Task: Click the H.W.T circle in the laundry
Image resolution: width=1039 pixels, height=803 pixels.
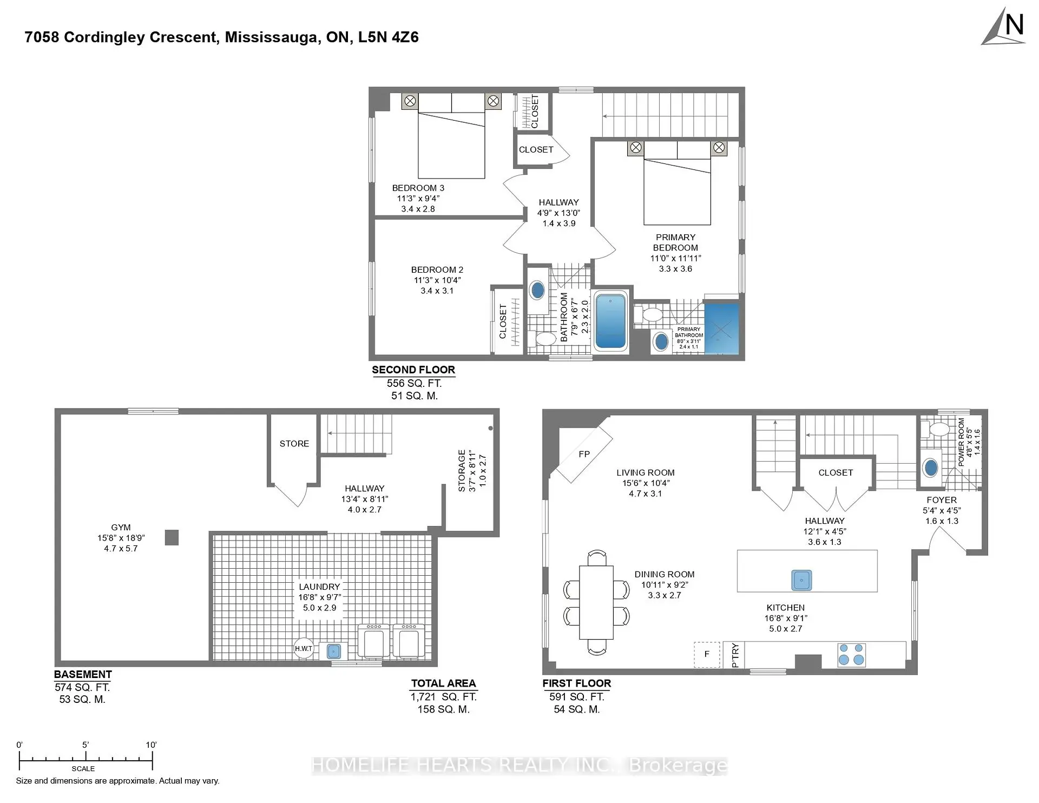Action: pyautogui.click(x=304, y=648)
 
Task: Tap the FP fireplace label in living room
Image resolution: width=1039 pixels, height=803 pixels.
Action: pyautogui.click(x=584, y=454)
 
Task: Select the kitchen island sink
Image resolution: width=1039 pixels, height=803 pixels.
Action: pyautogui.click(x=801, y=580)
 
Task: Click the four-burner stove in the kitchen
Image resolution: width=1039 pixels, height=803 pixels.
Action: pyautogui.click(x=851, y=654)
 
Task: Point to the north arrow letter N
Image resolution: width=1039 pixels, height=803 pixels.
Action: pyautogui.click(x=1014, y=25)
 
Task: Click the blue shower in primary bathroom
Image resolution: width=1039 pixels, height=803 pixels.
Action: pyautogui.click(x=722, y=328)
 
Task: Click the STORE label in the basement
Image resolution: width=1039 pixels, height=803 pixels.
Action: pyautogui.click(x=294, y=444)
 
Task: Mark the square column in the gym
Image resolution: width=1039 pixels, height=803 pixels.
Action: pyautogui.click(x=172, y=537)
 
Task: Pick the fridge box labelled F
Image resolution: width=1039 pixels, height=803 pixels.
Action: pyautogui.click(x=707, y=654)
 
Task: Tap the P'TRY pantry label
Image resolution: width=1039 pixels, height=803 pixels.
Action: pyautogui.click(x=734, y=655)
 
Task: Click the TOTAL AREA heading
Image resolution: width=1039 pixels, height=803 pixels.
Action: pyautogui.click(x=443, y=683)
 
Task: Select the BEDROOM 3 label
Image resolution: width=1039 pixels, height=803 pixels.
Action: pyautogui.click(x=418, y=188)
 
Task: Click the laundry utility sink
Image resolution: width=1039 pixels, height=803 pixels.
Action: pyautogui.click(x=333, y=651)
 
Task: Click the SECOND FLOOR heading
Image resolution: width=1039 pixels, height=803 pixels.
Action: pyautogui.click(x=413, y=370)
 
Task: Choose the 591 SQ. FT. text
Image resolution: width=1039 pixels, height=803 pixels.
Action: pyautogui.click(x=576, y=697)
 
